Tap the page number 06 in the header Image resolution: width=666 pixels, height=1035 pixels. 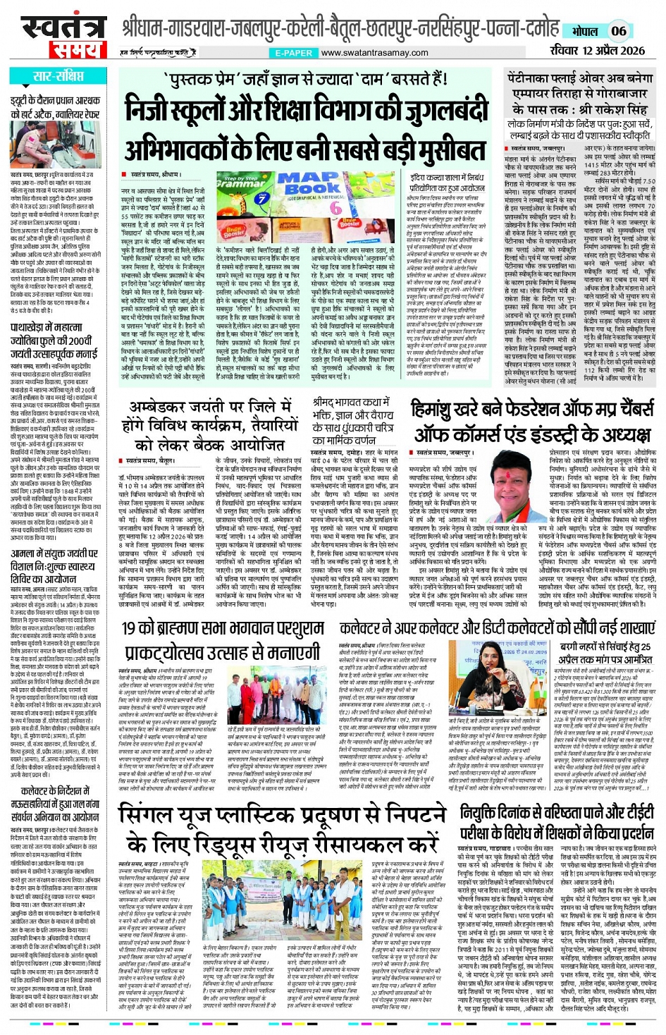tap(618, 30)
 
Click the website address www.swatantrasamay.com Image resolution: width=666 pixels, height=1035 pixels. tap(374, 53)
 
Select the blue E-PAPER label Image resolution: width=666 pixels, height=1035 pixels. tap(293, 53)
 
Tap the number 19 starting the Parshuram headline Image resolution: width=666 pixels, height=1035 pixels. tap(130, 628)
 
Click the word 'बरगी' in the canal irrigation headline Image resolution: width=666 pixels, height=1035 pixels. tap(573, 647)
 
